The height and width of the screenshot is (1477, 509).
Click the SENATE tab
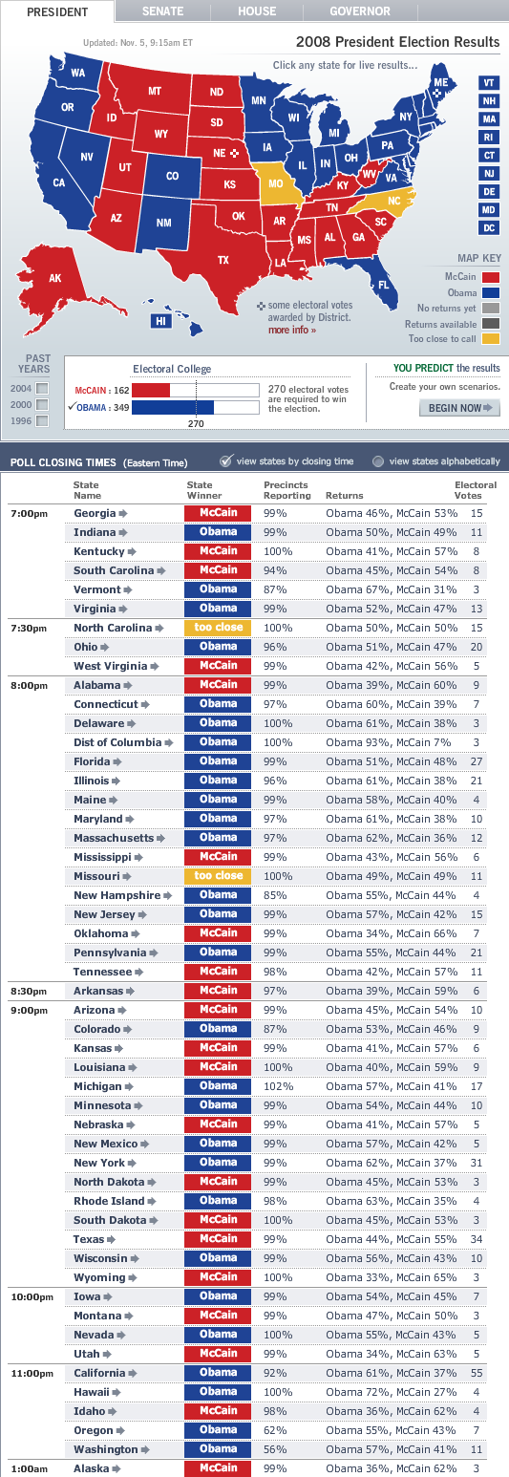coord(162,11)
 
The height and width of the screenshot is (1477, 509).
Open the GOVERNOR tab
coord(359,11)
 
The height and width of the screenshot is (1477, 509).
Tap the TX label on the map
coord(223,259)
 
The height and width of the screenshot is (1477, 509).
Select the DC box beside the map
coord(489,227)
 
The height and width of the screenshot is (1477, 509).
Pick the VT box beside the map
coord(489,83)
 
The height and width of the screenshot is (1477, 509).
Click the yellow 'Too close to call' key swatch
coord(490,338)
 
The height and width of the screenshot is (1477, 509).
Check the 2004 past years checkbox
coord(41,388)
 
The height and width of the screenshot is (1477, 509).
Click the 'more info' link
coord(291,330)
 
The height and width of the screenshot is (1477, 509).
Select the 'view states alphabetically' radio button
coord(378,460)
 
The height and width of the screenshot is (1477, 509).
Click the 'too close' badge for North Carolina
coord(218,628)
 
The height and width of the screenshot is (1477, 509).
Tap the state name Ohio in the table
coord(86,647)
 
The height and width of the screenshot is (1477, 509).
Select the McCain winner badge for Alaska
coord(218,1467)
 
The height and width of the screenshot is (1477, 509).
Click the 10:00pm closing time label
coord(30,1296)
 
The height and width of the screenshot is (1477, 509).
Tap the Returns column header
coord(344,497)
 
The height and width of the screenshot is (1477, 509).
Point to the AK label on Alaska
coord(55,278)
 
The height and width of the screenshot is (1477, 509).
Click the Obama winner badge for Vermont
coord(218,589)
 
